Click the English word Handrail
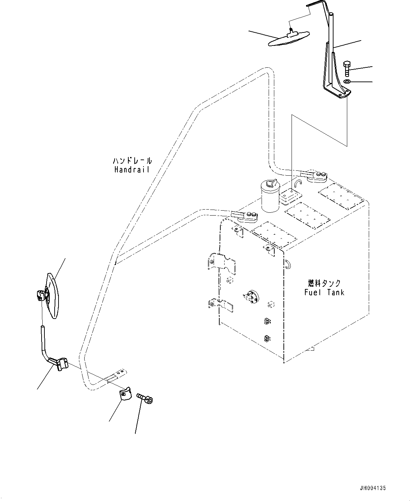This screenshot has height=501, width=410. (132, 169)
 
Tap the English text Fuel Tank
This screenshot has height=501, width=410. (324, 292)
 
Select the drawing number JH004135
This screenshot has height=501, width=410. (373, 488)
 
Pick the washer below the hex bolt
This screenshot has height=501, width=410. (347, 82)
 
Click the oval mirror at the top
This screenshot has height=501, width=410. (288, 38)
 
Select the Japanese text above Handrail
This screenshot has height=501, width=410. (132, 161)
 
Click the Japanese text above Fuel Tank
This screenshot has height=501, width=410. (324, 283)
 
